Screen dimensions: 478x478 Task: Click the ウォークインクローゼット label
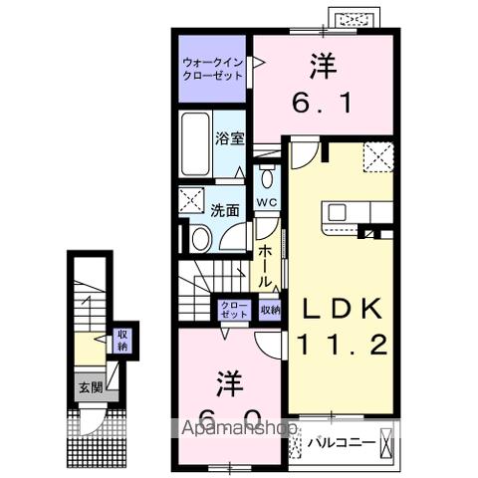[211, 68]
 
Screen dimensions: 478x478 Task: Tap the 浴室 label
[228, 138]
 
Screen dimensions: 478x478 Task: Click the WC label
[266, 203]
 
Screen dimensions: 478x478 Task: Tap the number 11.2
[340, 346]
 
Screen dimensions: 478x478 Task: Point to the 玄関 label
[91, 388]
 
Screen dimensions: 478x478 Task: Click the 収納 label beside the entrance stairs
[122, 341]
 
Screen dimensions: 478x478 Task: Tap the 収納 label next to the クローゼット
[270, 310]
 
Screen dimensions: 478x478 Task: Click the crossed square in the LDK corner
[377, 155]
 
